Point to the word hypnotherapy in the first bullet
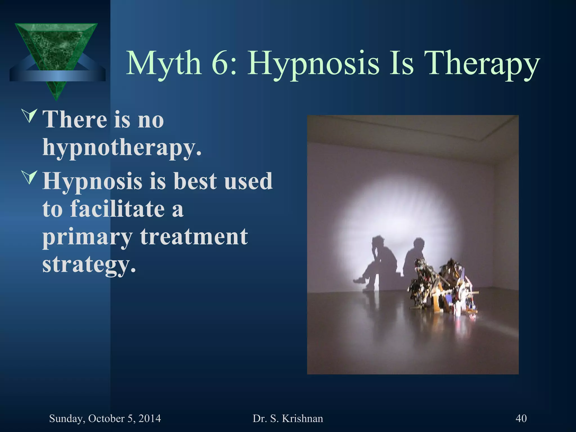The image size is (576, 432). coord(121,148)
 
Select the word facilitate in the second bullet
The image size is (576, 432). coord(117,209)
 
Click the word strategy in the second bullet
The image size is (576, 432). coord(89,265)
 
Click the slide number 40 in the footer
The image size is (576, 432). coord(521,418)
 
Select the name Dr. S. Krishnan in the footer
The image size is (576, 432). coord(288,418)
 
